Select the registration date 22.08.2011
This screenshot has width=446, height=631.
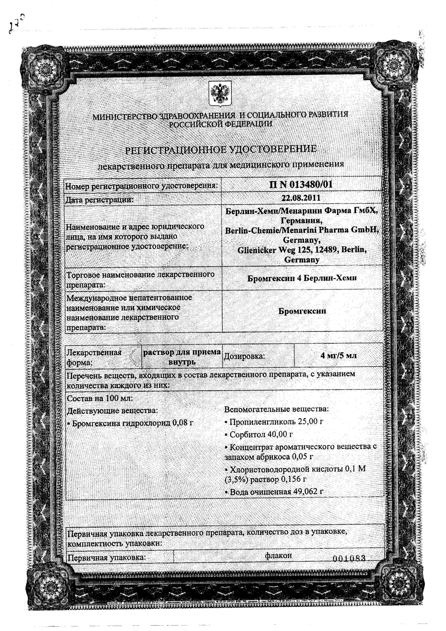tap(301, 198)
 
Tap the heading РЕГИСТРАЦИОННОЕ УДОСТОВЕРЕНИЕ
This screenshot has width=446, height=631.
tap(221, 149)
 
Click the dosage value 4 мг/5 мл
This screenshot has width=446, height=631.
tap(338, 355)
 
